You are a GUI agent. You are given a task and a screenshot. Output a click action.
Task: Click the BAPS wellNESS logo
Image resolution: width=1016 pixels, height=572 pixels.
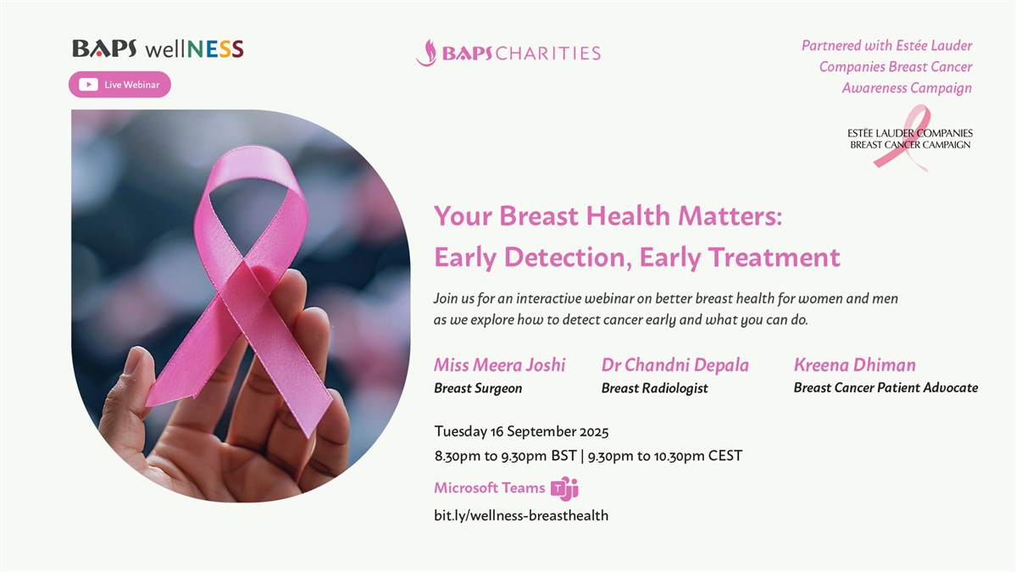pos(158,48)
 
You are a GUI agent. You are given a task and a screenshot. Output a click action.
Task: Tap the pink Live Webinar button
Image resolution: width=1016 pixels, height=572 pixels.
pos(119,85)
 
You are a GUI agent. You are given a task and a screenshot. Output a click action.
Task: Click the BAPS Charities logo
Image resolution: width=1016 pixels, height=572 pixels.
pos(508,53)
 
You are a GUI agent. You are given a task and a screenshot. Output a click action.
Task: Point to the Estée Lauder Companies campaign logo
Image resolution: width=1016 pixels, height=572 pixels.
pos(910,138)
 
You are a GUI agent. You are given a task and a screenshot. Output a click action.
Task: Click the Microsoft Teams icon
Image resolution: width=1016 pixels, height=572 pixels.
pos(564,488)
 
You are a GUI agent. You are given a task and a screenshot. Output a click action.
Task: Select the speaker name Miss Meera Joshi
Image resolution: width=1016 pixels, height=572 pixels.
pos(500,364)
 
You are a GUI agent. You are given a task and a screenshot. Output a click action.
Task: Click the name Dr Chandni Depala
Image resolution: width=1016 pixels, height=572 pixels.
pos(675,364)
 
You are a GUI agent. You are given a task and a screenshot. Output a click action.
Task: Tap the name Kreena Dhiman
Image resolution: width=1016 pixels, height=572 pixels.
pos(855,364)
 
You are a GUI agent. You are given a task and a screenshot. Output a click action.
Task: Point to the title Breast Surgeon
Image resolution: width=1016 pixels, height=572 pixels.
pos(478,388)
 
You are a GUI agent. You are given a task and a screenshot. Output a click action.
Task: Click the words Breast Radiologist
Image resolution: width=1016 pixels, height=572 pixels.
pos(654,388)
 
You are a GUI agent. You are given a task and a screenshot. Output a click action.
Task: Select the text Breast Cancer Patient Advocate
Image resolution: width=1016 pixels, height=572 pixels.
pos(886,387)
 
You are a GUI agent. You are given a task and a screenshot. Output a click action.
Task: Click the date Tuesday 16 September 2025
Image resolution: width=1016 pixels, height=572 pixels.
pos(521,431)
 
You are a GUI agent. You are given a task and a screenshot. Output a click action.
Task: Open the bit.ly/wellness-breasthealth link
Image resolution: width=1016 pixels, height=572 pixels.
pos(521,515)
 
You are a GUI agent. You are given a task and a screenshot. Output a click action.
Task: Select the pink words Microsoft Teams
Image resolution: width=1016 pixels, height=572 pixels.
pos(489,488)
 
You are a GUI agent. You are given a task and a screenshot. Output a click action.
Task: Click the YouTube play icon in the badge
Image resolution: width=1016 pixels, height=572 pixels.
pos(88,85)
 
